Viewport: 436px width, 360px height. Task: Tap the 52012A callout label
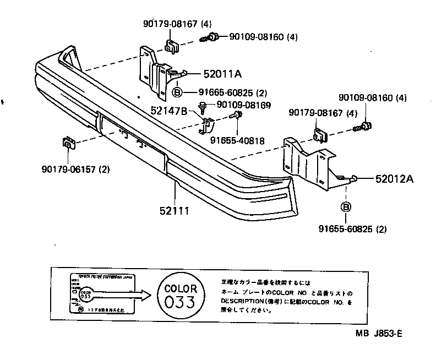[395, 178]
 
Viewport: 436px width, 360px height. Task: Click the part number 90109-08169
[244, 104]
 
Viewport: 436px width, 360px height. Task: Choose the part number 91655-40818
[237, 140]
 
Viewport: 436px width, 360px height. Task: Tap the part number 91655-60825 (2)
[351, 229]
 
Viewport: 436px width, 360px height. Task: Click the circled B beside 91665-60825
[178, 92]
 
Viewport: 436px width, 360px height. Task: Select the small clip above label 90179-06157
[67, 143]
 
